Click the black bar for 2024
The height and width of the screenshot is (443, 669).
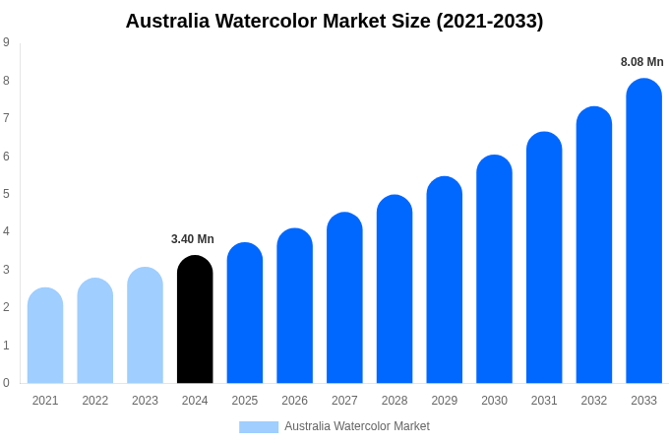[x=195, y=320]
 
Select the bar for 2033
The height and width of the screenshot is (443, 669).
[x=643, y=231]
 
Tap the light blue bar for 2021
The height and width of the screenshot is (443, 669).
[x=45, y=336]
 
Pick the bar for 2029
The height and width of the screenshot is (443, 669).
[x=444, y=281]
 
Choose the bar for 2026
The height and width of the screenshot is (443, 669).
[x=294, y=306]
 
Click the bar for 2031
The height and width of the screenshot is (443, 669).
[x=544, y=258]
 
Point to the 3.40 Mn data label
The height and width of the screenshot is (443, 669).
[x=193, y=239]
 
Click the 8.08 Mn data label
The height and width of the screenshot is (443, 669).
[x=641, y=62]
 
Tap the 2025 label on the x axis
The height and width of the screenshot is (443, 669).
[x=245, y=401]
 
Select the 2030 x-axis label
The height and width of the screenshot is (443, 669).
[x=494, y=401]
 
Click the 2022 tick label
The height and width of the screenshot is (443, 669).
[x=95, y=401]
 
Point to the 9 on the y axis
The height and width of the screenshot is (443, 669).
[x=6, y=42]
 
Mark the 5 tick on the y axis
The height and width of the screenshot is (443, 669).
[x=6, y=194]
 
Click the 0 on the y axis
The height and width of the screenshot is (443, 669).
[x=6, y=383]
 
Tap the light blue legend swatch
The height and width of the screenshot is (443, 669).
[x=259, y=427]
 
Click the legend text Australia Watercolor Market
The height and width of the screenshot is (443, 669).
[x=357, y=426]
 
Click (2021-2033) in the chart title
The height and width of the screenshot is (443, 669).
[x=490, y=21]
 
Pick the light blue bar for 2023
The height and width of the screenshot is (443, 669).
[x=145, y=326]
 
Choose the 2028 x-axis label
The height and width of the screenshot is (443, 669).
[x=395, y=401]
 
